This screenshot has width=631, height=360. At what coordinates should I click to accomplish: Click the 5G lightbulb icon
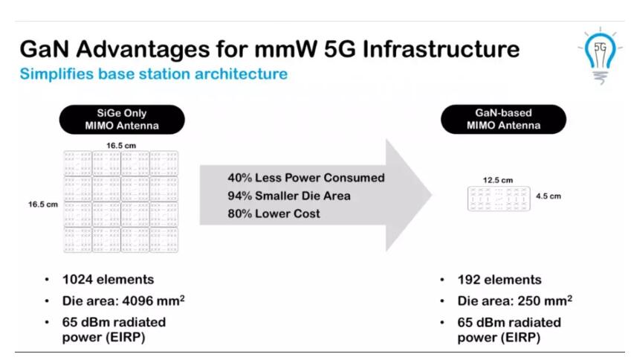600,56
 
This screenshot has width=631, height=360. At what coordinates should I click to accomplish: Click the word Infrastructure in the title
441,49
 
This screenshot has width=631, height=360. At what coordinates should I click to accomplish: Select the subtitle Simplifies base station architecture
154,74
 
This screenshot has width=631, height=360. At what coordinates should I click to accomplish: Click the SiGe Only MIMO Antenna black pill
122,120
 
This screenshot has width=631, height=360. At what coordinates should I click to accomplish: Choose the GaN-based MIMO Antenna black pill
503,119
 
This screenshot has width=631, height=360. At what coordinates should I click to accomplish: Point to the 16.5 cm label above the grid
121,145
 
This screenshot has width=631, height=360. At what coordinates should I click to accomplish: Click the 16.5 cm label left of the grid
43,204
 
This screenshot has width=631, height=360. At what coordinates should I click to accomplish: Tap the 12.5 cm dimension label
498,180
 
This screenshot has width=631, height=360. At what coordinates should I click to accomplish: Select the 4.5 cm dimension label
548,196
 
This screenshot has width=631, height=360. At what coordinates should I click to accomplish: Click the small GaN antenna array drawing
499,199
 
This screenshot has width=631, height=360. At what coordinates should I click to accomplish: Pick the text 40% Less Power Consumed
306,178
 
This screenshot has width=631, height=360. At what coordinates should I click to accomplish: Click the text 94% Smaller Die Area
289,196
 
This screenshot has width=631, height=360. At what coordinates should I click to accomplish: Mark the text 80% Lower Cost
274,213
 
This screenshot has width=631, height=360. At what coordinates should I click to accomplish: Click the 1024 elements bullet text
108,280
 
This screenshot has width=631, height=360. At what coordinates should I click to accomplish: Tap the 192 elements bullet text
499,280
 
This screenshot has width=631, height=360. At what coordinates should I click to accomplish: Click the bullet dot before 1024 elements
47,280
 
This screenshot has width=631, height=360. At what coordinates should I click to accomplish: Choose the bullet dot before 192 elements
442,280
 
